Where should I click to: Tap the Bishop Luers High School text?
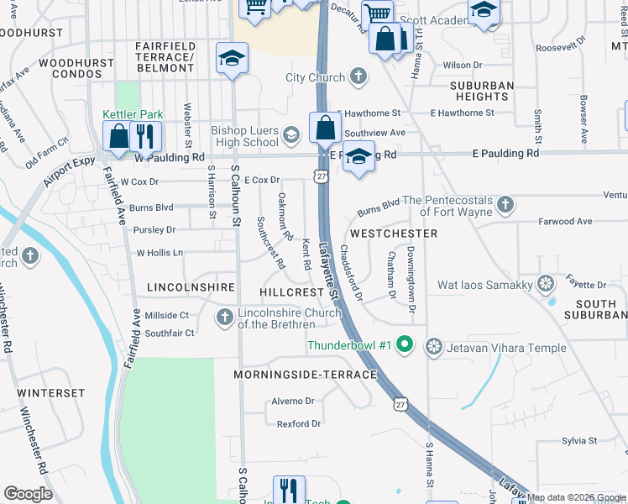(x=244, y=136)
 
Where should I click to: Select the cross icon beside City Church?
(x=358, y=78)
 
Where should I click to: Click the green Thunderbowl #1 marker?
(x=404, y=344)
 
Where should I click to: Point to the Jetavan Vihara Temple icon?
(x=434, y=345)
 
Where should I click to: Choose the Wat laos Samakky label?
(x=485, y=286)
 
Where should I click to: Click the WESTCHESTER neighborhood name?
(x=394, y=234)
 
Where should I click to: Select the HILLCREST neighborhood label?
(x=291, y=291)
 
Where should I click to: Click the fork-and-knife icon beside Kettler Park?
(x=147, y=135)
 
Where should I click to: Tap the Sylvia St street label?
(x=579, y=440)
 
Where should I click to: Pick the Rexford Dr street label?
(x=299, y=424)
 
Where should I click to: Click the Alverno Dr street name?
(x=292, y=402)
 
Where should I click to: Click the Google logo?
(x=28, y=494)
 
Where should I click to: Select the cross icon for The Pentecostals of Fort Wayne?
(x=505, y=203)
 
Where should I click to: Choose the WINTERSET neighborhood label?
(x=50, y=393)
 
